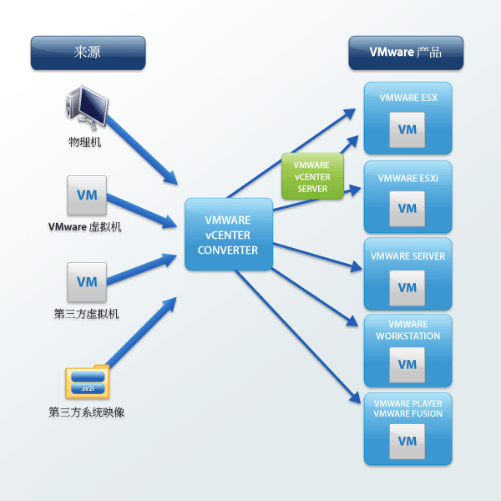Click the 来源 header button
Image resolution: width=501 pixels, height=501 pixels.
pyautogui.click(x=88, y=53)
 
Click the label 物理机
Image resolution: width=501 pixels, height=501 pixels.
pyautogui.click(x=85, y=144)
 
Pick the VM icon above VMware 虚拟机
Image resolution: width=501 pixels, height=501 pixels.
pyautogui.click(x=87, y=195)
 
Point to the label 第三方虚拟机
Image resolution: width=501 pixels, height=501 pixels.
pyautogui.click(x=87, y=314)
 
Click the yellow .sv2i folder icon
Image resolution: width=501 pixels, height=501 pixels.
pyautogui.click(x=87, y=381)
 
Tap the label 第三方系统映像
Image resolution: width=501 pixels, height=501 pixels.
pyautogui.click(x=87, y=412)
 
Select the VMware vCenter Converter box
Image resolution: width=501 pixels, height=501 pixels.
pyautogui.click(x=229, y=234)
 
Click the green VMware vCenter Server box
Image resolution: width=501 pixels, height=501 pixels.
pyautogui.click(x=312, y=176)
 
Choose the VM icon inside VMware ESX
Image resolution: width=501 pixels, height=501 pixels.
pyautogui.click(x=407, y=129)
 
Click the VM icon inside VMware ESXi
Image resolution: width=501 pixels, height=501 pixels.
pyautogui.click(x=407, y=209)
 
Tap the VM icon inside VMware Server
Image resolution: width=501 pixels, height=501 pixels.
pyautogui.click(x=407, y=287)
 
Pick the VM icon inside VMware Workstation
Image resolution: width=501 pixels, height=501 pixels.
pyautogui.click(x=407, y=365)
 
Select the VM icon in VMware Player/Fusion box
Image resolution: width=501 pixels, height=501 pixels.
pyautogui.click(x=407, y=441)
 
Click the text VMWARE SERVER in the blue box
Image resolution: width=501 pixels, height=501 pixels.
pyautogui.click(x=407, y=256)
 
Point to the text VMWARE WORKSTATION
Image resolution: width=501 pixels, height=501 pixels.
pyautogui.click(x=407, y=330)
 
